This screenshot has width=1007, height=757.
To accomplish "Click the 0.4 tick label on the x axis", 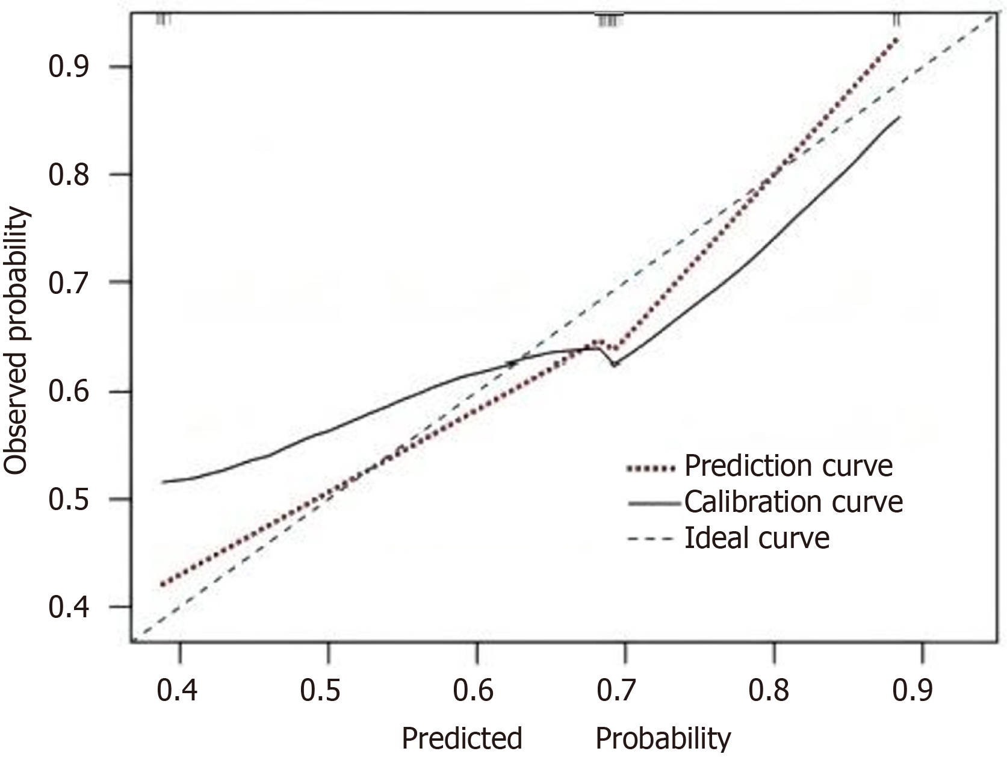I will coord(177,691).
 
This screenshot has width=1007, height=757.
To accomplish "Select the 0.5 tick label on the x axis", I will coord(321,691).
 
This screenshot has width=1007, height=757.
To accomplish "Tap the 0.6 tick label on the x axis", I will coord(474,691).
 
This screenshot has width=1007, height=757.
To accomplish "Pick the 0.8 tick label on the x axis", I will coord(769,691).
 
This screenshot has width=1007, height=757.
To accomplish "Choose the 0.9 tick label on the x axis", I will coord(913,691).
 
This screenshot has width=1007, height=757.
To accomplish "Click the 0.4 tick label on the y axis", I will coord(69,607).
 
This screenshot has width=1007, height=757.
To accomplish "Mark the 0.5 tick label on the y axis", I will coord(69,499).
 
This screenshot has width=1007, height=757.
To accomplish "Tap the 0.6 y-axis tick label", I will coord(69,392).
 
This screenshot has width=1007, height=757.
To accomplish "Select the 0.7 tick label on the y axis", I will coord(69,282).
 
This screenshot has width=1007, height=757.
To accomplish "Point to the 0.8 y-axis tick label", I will coord(69,175).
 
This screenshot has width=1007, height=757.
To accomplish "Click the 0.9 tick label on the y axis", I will coord(69,66).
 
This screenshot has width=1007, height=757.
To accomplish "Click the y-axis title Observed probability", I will coord(16,341).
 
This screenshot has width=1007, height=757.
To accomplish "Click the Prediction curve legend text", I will coord(789,466).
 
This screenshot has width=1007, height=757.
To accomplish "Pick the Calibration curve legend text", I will coord(793,502).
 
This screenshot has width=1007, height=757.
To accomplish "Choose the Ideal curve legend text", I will coord(757,538).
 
